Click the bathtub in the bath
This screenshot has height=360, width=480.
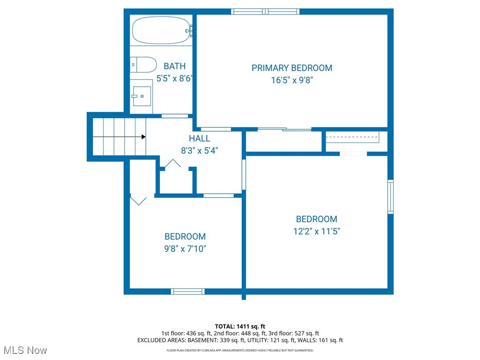click(161, 30)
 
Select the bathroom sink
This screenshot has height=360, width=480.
click(142, 96)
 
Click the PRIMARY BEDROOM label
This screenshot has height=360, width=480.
click(292, 68)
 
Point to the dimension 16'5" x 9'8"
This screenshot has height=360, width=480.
click(292, 80)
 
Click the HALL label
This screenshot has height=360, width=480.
click(199, 138)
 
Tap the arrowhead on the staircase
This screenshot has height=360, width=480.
click(143, 136)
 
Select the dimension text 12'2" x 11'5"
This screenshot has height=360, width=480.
click(316, 231)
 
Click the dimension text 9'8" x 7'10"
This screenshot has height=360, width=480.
click(185, 249)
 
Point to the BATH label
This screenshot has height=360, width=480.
click(174, 66)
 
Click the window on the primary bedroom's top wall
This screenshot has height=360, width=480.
click(265, 11)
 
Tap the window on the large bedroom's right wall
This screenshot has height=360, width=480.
click(390, 196)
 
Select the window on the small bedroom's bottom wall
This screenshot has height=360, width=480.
click(187, 292)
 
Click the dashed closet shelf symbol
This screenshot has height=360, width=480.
click(352, 138)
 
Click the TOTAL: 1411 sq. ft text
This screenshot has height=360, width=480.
click(240, 326)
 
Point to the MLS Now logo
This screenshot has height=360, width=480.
click(25, 350)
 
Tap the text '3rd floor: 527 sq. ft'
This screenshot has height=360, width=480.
click(294, 333)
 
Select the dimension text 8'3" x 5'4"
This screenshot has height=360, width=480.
click(199, 150)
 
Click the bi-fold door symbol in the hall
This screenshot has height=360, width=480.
click(172, 164)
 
